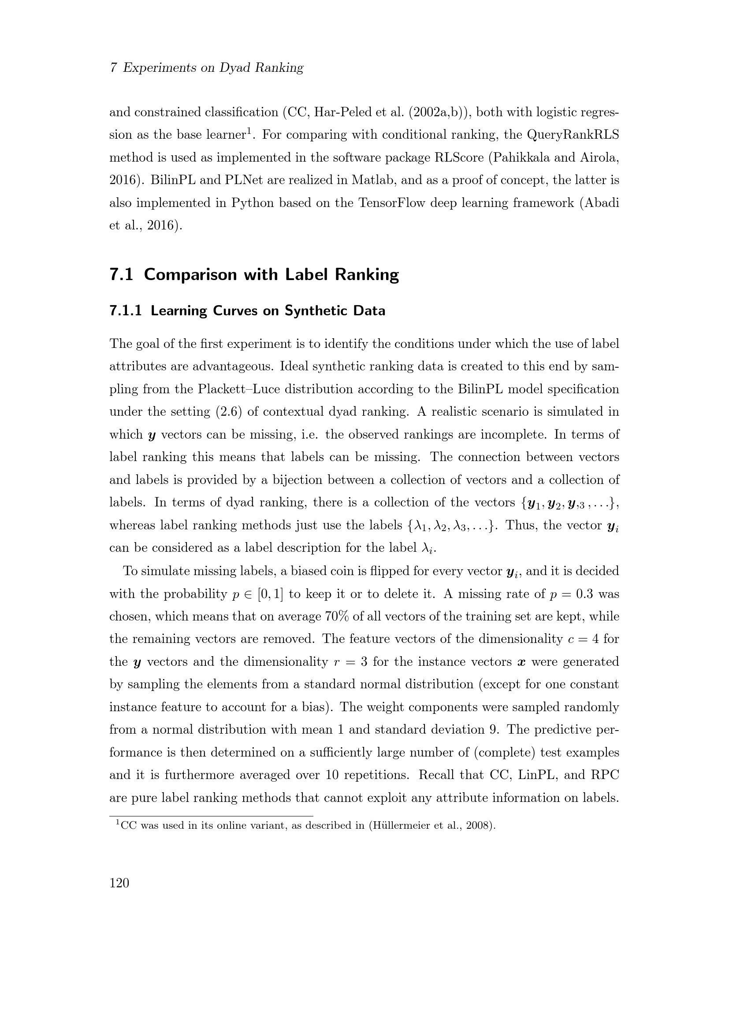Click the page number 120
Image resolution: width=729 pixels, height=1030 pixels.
[x=119, y=883]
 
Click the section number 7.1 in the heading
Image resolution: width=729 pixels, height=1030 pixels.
[x=121, y=274]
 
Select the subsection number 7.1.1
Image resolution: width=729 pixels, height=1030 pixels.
[x=125, y=310]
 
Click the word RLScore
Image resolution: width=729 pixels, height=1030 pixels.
[x=459, y=158]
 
